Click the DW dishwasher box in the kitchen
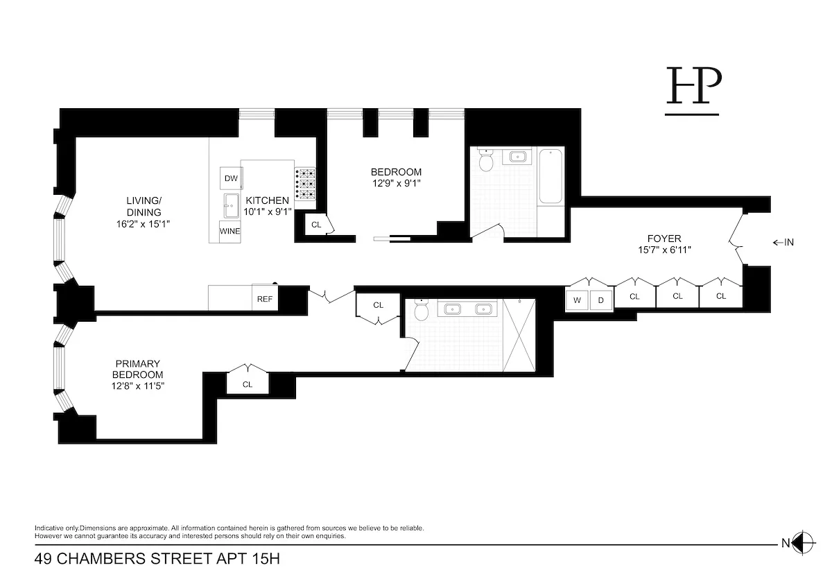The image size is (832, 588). tap(231, 178)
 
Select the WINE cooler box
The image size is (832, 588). tap(230, 231)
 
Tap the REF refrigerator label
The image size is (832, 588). tap(264, 299)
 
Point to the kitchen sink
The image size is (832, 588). tap(230, 206)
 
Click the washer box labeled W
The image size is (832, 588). tap(577, 300)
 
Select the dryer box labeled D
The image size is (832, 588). tap(601, 300)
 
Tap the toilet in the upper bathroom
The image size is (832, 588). tap(485, 162)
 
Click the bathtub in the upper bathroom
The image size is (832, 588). tap(552, 177)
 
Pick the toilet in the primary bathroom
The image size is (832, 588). tap(422, 314)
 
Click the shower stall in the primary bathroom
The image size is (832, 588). tap(519, 335)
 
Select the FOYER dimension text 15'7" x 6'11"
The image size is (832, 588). tap(664, 250)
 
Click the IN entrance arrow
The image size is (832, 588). tap(783, 242)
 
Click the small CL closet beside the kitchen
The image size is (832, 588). tap(316, 225)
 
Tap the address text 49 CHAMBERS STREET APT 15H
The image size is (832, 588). tap(157, 559)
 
